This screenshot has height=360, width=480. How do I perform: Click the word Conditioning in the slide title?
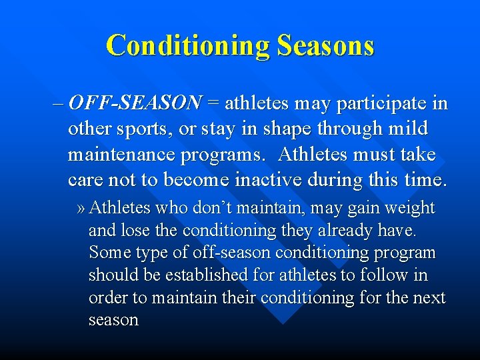(187, 46)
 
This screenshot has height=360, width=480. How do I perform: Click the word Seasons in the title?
(325, 46)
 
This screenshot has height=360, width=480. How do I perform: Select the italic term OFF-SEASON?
(135, 103)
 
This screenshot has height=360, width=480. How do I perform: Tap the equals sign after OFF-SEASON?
(213, 103)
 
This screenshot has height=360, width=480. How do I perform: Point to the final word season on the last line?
(113, 321)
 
